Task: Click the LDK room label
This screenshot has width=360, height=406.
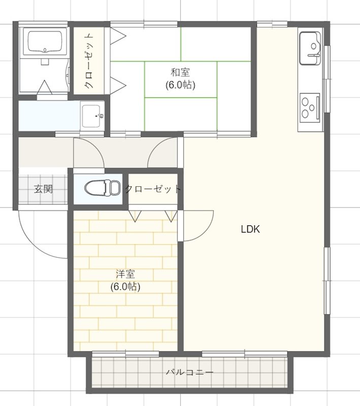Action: (250, 229)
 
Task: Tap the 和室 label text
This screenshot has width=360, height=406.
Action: (180, 73)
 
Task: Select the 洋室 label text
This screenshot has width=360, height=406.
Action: (125, 274)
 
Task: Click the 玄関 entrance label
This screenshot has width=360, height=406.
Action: (44, 189)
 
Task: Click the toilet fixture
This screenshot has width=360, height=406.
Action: (102, 187)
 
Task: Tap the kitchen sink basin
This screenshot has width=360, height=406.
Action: (310, 48)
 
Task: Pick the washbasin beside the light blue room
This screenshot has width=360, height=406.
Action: (92, 116)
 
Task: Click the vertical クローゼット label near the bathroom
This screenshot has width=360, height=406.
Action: (88, 61)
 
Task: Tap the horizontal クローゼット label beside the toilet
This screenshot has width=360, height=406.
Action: (153, 189)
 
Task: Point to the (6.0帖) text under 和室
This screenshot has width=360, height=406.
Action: (180, 85)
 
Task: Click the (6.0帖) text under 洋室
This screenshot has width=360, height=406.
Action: (125, 286)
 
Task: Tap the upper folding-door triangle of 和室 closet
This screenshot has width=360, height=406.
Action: (118, 36)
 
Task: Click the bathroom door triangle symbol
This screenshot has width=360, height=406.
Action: (44, 87)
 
